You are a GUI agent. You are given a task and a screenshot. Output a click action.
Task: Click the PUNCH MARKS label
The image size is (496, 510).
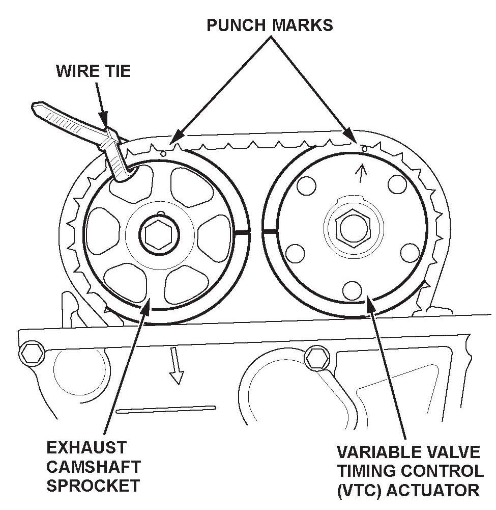[270, 24]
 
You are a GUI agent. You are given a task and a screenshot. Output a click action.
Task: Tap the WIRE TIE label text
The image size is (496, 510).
[93, 70]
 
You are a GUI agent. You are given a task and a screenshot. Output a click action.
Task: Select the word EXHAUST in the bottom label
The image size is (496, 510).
[86, 448]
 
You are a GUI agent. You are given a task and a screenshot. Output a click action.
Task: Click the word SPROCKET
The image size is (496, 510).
[93, 485]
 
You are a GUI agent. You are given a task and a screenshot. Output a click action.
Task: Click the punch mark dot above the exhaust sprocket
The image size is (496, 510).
[163, 152]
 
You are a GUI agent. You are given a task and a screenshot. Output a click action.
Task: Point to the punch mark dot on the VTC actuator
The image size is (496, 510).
[364, 148]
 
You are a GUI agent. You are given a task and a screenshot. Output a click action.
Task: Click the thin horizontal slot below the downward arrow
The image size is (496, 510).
[166, 408]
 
